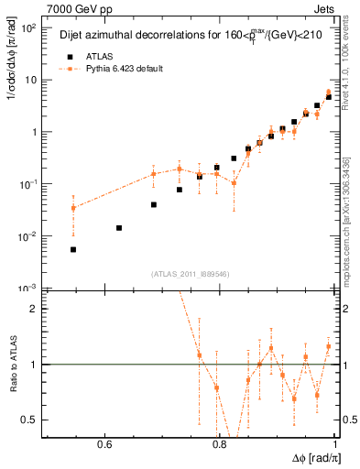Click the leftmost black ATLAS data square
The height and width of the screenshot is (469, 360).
coord(73,249)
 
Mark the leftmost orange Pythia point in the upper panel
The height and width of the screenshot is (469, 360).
coord(73,208)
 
